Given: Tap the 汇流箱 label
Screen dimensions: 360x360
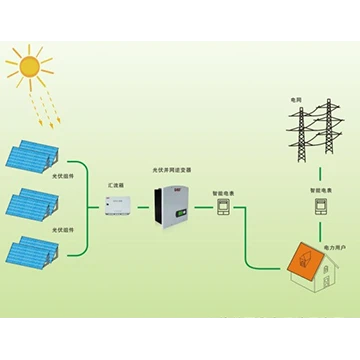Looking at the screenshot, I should [116, 186].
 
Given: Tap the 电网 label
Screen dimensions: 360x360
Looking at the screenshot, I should [295, 100].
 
